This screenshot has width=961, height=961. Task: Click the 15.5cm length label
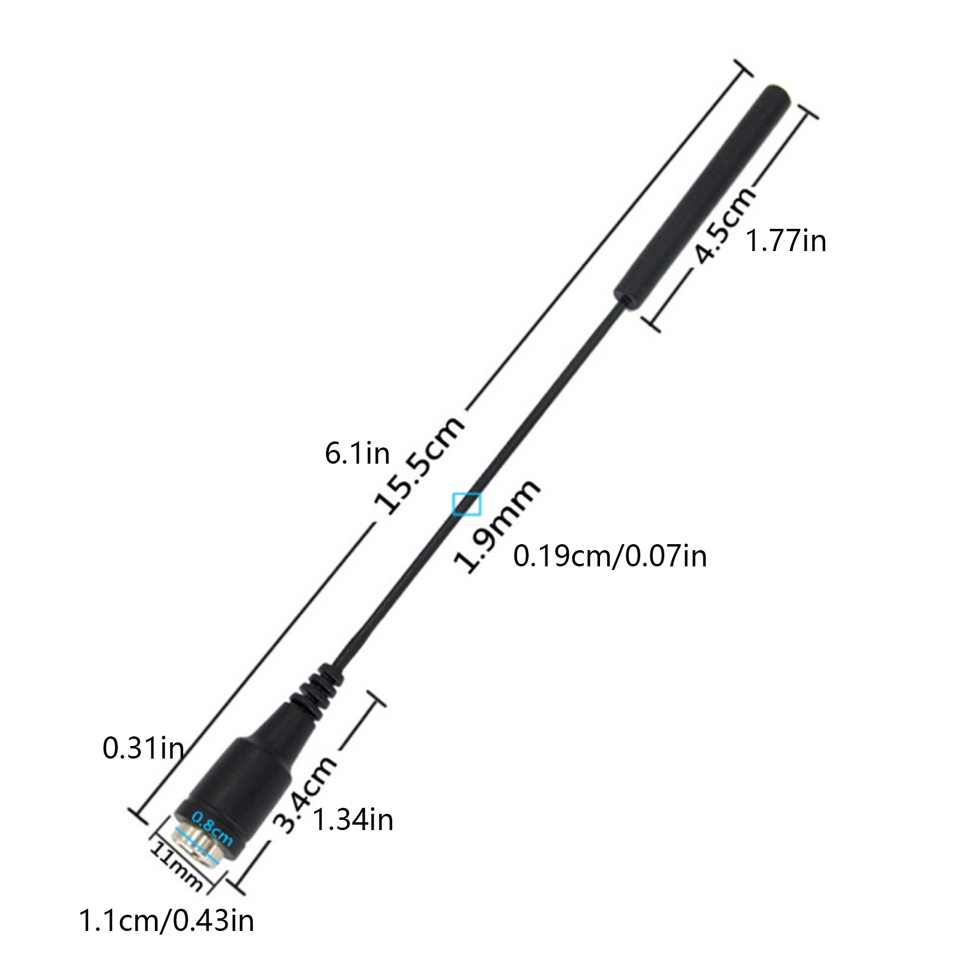[x=419, y=463]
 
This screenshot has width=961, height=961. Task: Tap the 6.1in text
[x=357, y=453]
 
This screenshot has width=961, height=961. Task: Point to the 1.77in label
[x=786, y=241]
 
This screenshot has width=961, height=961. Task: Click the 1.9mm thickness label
[x=497, y=526]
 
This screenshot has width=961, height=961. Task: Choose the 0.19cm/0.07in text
[x=610, y=556]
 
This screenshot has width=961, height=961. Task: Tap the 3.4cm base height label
[x=305, y=794]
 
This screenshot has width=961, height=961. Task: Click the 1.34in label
[x=353, y=820]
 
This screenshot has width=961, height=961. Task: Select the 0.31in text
[x=144, y=748]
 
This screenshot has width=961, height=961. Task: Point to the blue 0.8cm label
[x=212, y=828]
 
